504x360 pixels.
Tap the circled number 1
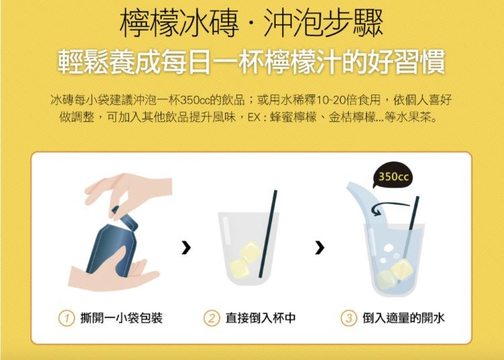tap(67, 318)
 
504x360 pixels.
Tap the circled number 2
tap(212, 318)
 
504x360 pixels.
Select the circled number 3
tap(349, 318)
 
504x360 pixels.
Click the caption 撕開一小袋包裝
tap(121, 318)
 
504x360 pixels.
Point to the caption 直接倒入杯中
tap(260, 318)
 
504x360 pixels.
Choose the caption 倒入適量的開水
tap(403, 318)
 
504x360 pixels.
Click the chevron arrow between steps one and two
tap(186, 247)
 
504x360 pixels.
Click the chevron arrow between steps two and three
tap(319, 247)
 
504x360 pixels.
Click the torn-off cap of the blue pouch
tap(126, 218)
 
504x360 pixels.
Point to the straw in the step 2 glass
tap(267, 234)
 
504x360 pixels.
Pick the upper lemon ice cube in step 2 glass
tap(251, 251)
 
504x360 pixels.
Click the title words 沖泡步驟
tap(323, 24)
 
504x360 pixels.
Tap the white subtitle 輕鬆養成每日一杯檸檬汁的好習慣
tap(252, 61)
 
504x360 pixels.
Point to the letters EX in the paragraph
tap(253, 118)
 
